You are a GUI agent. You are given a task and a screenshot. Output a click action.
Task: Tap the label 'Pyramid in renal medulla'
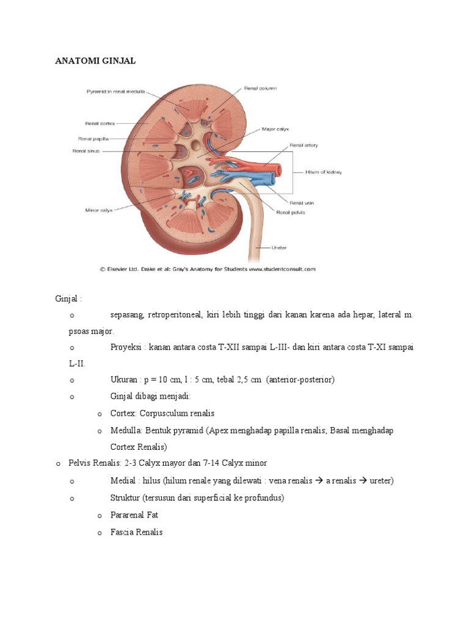pos(115,92)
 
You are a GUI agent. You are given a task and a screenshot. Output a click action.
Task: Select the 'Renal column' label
pos(260,89)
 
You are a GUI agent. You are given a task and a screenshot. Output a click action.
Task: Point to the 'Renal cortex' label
pos(100,123)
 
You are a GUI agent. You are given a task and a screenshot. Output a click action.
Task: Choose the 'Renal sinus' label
pos(87,150)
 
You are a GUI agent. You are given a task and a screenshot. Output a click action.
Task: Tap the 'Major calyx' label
pos(275,129)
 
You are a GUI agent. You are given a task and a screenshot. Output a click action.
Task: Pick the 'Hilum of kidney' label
pos(324,172)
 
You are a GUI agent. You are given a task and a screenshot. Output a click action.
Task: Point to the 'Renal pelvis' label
pos(291,212)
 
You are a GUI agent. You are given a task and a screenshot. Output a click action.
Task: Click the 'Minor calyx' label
pos(98,210)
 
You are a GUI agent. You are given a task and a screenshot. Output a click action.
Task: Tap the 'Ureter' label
pos(280,248)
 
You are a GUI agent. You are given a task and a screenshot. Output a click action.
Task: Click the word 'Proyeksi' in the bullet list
pos(125,347)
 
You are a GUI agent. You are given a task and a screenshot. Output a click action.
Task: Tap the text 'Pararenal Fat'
pos(134,515)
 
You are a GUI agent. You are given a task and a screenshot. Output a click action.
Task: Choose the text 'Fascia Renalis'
pos(136,532)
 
